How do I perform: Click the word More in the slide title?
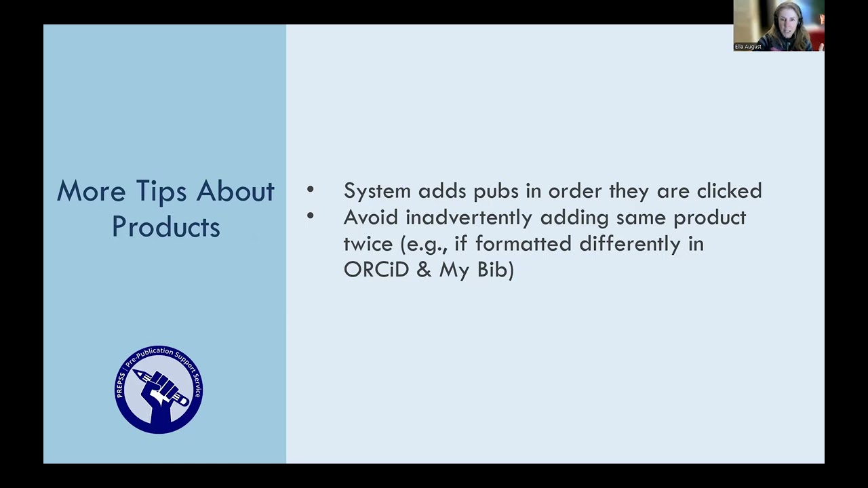(x=91, y=192)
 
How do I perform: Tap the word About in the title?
(x=235, y=192)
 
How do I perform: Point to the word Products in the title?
(x=166, y=227)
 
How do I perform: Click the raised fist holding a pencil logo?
(x=159, y=390)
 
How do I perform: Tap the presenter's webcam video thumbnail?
(x=778, y=25)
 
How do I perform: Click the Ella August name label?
(x=748, y=47)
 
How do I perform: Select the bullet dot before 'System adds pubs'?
(x=311, y=190)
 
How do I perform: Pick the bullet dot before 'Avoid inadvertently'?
(x=311, y=217)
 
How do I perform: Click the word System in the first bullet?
(x=377, y=191)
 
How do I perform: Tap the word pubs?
(x=496, y=191)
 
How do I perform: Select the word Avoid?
(x=370, y=218)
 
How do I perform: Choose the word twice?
(x=368, y=244)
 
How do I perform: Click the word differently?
(x=629, y=244)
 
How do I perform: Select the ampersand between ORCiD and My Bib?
(x=424, y=270)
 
